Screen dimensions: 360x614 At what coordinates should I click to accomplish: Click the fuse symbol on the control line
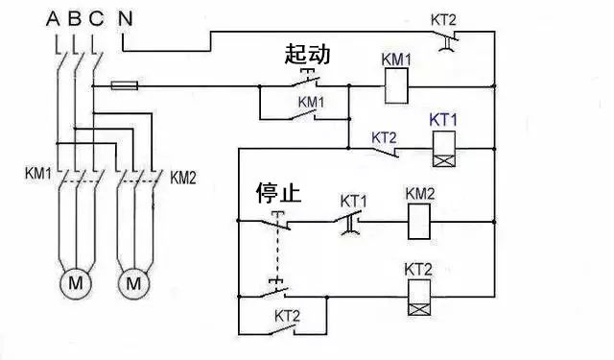[126, 86]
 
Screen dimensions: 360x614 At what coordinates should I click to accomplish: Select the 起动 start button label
[308, 55]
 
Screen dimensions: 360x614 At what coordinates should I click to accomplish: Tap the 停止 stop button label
[278, 193]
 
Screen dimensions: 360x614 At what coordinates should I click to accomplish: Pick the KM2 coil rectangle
[419, 223]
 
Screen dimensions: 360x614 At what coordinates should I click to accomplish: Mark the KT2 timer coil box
[419, 296]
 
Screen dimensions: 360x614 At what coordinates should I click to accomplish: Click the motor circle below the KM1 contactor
[74, 283]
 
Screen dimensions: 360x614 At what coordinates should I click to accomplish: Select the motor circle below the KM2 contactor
[134, 283]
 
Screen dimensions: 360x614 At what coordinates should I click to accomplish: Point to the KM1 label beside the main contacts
[38, 176]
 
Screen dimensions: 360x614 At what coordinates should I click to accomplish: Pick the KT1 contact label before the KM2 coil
[355, 201]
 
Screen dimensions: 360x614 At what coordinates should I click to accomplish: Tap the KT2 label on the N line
[442, 18]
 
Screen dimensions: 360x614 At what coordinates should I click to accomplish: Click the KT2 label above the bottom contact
[288, 315]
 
